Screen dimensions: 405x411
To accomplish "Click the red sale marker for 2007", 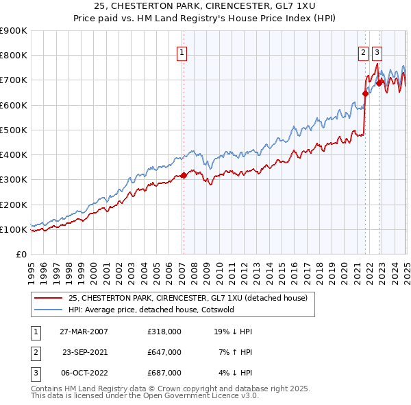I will [184, 176].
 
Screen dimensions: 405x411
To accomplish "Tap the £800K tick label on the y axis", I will [14, 56].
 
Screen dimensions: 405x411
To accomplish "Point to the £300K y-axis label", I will [14, 180].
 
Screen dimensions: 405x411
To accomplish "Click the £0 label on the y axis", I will [21, 254].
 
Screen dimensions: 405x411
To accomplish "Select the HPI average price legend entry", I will [151, 310].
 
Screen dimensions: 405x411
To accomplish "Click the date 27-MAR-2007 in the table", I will [84, 331].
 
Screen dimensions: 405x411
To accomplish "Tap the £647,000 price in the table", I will [164, 351].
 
